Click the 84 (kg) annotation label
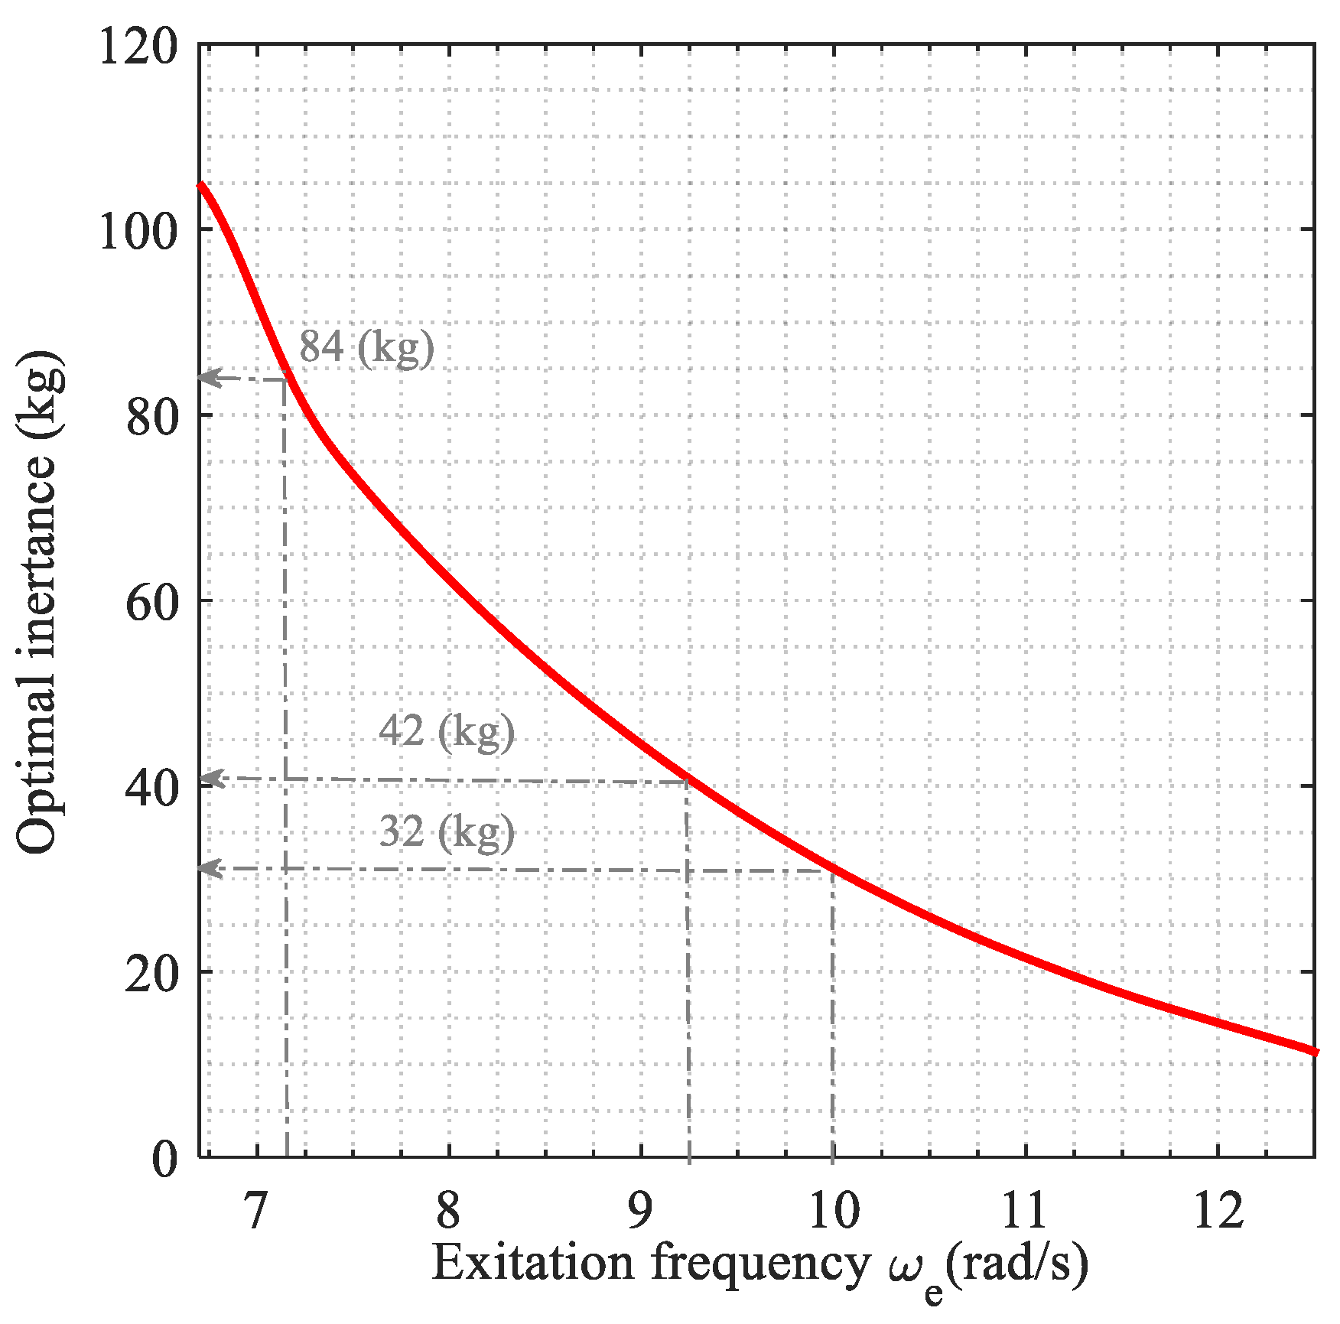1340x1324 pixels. tap(366, 348)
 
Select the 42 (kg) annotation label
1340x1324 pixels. tap(447, 732)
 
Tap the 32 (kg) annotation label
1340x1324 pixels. tap(447, 832)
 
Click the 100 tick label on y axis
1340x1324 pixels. tap(138, 230)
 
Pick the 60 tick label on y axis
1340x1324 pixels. tap(151, 602)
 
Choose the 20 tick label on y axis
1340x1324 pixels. tap(151, 974)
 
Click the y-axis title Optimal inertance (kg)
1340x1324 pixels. tap(38, 602)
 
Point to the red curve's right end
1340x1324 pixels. tap(1314, 1052)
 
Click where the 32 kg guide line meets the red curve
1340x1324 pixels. tap(832, 870)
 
